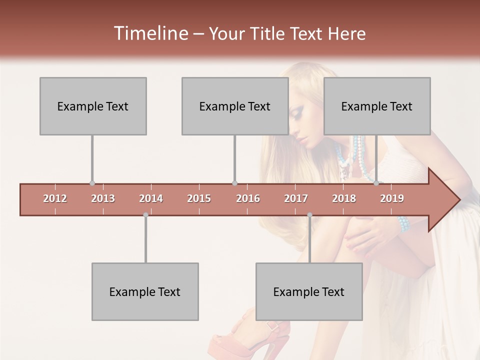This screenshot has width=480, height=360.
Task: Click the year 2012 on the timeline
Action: (55, 198)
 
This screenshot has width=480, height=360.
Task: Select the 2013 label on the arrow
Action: (103, 198)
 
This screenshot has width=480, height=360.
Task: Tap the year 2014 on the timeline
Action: (151, 198)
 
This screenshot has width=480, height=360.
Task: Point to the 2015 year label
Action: (199, 198)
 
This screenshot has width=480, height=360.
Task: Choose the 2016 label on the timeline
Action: (248, 198)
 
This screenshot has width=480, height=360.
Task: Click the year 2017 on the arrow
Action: (296, 198)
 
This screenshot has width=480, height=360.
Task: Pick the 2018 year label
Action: (344, 198)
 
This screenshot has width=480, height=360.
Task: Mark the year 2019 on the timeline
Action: (392, 198)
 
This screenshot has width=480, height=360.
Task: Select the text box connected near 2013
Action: (93, 106)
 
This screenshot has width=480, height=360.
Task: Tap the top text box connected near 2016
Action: (235, 106)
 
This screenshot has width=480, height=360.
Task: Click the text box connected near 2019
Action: (377, 106)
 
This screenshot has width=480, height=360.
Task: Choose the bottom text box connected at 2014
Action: (145, 291)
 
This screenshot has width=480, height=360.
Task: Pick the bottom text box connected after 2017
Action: (309, 291)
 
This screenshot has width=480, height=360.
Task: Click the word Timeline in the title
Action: (150, 33)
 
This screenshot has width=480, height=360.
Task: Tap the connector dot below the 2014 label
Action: (145, 215)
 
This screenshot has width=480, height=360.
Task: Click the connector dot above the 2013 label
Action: (92, 183)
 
